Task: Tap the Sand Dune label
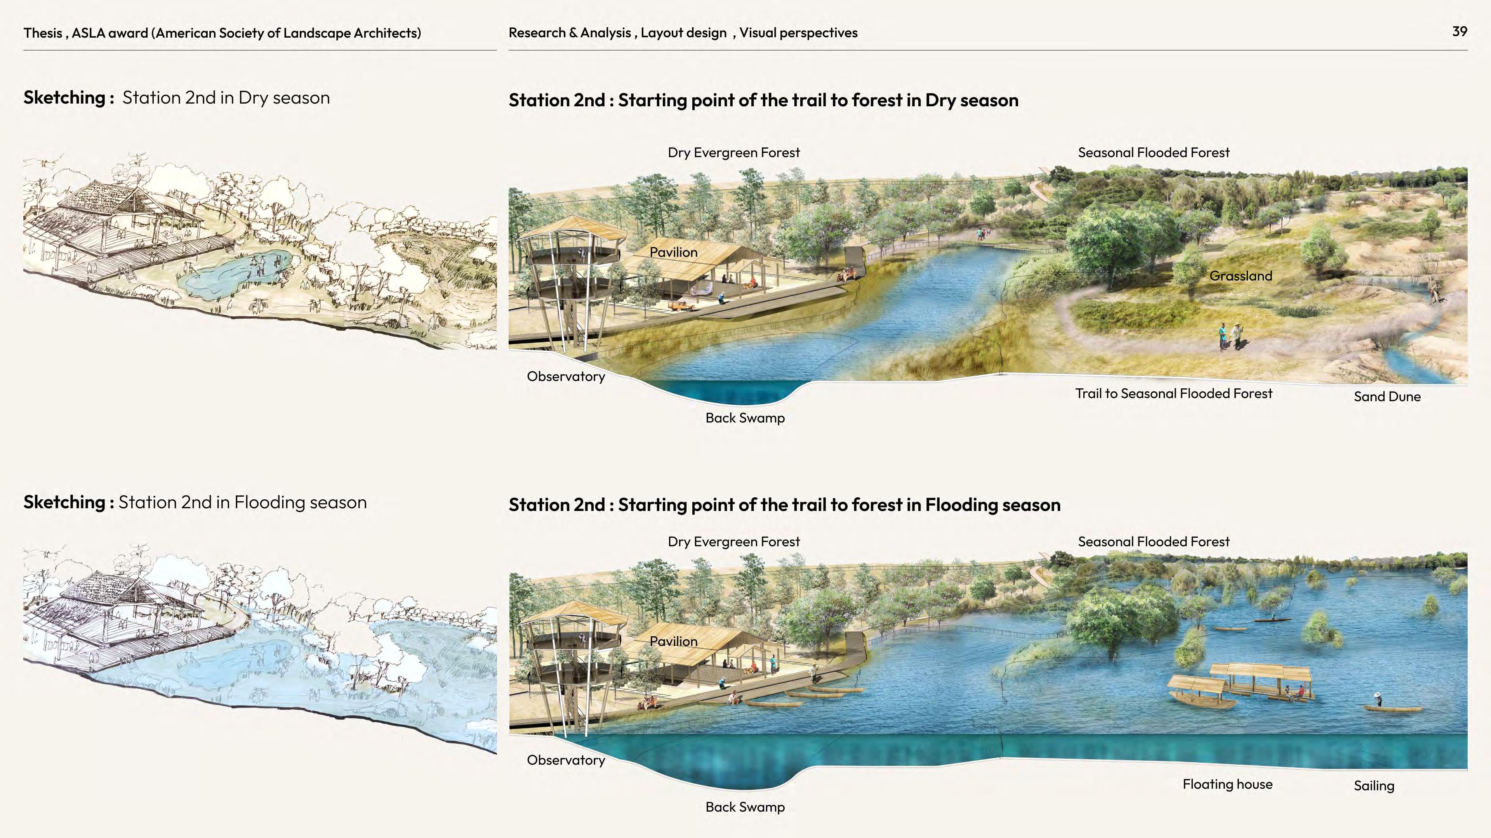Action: click(1387, 397)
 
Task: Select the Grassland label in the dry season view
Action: click(1241, 276)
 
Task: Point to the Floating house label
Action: click(1227, 784)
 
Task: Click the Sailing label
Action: click(1373, 786)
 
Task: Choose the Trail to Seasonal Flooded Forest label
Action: click(1173, 394)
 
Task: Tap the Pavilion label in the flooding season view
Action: click(673, 641)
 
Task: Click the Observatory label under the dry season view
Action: click(565, 376)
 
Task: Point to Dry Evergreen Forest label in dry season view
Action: click(733, 153)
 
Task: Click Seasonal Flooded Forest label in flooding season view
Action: click(1153, 542)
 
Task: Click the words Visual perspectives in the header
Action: click(798, 33)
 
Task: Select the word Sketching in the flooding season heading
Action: click(64, 502)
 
